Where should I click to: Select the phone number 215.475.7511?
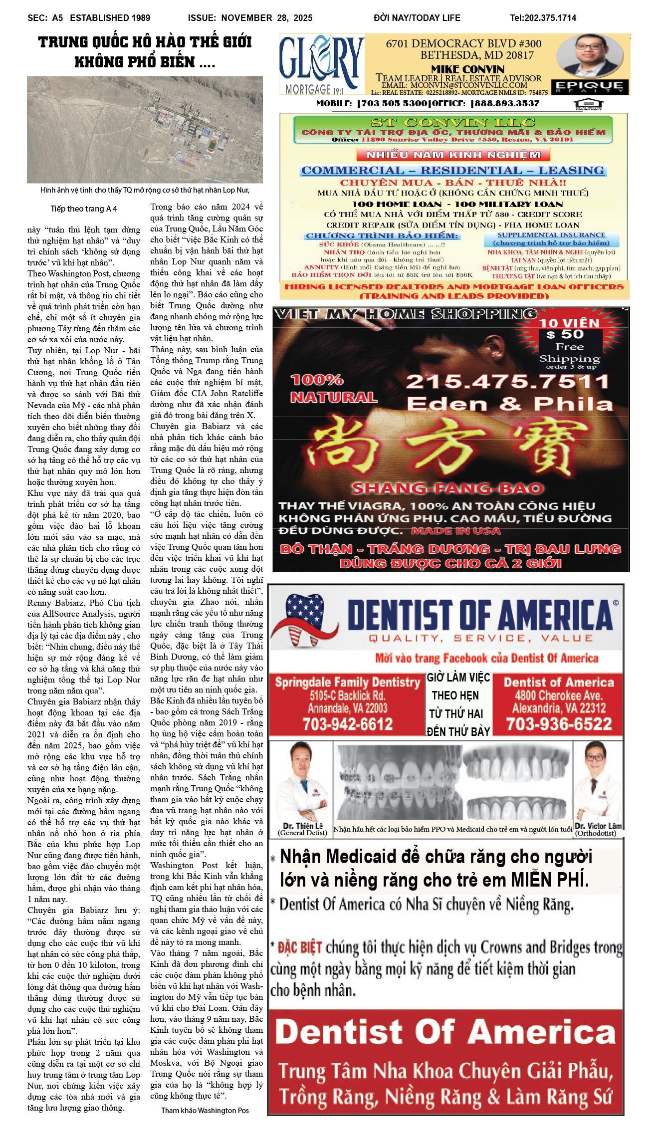[507, 382]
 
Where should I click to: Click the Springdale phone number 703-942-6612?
[348, 724]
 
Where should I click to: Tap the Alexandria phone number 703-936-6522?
[559, 724]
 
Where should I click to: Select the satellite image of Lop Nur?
[145, 130]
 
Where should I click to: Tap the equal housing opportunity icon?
[589, 104]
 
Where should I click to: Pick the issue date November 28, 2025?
[267, 18]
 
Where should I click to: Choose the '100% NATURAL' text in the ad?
[333, 388]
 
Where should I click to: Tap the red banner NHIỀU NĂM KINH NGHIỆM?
[453, 154]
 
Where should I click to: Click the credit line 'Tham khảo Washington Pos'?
[205, 1110]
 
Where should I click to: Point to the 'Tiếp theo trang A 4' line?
[84, 209]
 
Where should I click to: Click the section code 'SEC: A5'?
[45, 18]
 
